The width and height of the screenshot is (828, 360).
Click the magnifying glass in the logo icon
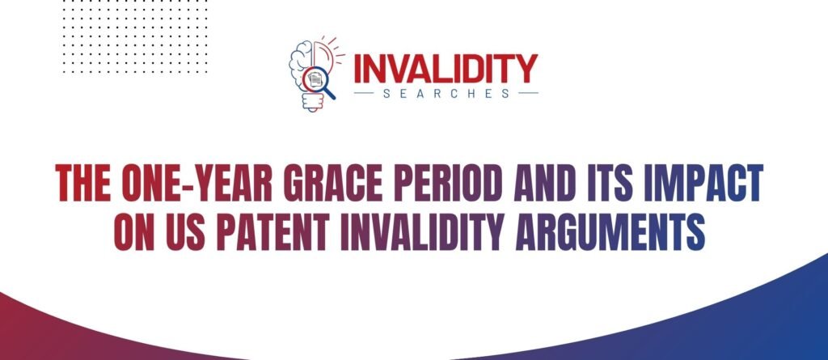[x=317, y=81]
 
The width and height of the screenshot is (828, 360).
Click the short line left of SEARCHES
[x=365, y=93]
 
